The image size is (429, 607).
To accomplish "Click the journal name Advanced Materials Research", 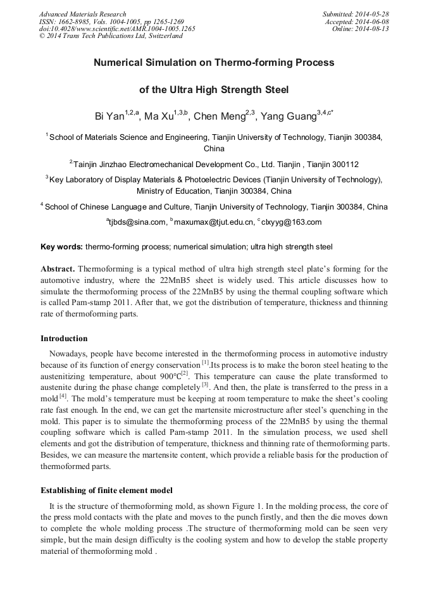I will click(x=82, y=14).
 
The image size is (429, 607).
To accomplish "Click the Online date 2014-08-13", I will click(x=374, y=29).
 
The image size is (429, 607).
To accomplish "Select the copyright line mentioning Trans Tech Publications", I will click(x=111, y=36).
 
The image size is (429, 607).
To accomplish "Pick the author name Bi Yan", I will click(x=109, y=116).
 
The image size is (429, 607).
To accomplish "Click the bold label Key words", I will click(x=61, y=246).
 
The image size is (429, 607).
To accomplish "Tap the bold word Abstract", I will click(x=58, y=269).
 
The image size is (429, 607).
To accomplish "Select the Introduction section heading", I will click(x=64, y=338).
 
